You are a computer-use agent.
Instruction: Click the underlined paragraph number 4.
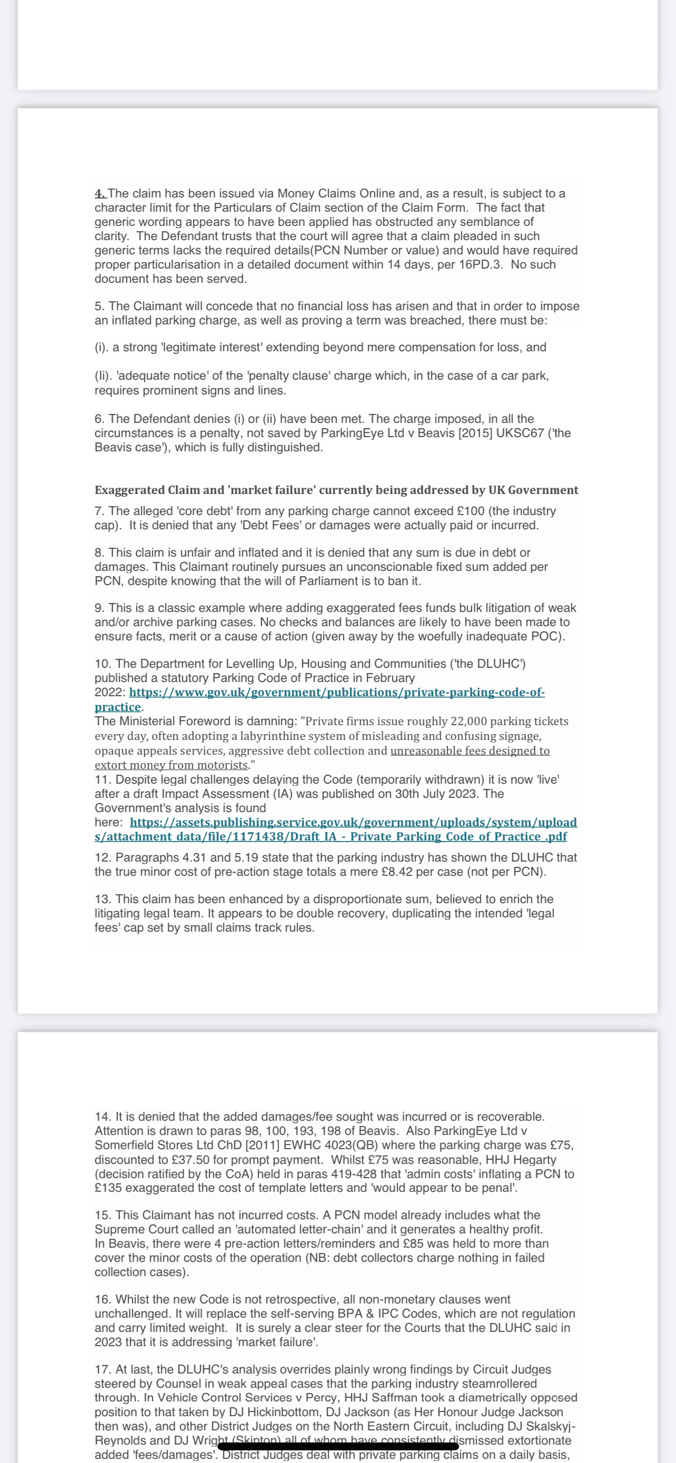tap(101, 194)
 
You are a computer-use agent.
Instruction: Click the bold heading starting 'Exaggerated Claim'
tap(336, 490)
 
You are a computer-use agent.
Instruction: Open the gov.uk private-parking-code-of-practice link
tap(336, 693)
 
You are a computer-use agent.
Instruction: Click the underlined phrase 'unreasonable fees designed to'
tap(470, 751)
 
